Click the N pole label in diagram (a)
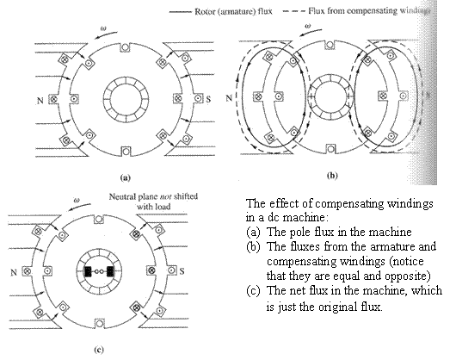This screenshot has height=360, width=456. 40,101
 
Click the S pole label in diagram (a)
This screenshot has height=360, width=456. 208,100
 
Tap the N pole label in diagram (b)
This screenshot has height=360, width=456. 229,98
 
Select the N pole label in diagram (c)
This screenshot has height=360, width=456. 14,273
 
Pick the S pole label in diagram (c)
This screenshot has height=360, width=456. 182,271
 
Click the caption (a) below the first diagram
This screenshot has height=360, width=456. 126,177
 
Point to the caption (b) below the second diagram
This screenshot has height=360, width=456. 332,176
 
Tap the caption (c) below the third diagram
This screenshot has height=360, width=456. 99,350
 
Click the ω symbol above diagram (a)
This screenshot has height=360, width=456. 103,28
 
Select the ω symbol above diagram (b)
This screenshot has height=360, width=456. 308,26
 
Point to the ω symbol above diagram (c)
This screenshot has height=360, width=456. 77,200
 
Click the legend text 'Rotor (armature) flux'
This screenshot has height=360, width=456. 233,12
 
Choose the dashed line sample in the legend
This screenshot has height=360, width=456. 294,12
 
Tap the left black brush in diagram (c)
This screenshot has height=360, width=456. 88,271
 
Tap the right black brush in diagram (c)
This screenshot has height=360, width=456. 110,271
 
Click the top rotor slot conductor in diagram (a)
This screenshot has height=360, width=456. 126,47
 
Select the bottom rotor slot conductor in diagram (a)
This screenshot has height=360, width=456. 126,152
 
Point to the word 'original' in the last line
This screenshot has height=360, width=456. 337,307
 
